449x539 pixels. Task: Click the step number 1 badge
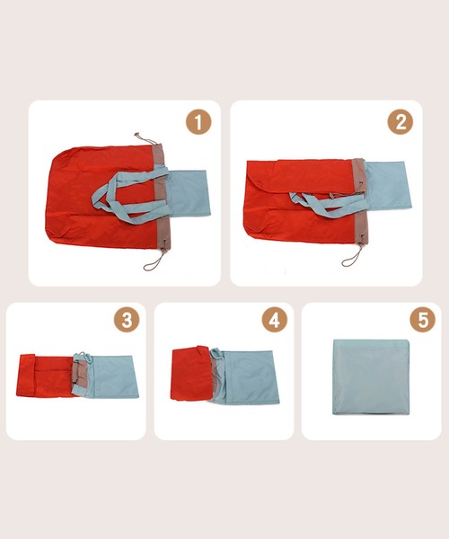(x=198, y=122)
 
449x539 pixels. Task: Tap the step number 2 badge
(x=401, y=122)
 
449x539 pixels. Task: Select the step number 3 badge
(x=127, y=320)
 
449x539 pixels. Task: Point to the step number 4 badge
(x=275, y=320)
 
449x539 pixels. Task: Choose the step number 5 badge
(x=423, y=320)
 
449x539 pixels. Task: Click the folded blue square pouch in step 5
(x=371, y=376)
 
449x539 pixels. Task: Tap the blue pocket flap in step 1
(x=189, y=192)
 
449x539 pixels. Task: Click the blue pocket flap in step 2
(x=389, y=186)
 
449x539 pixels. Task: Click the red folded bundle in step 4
(x=190, y=374)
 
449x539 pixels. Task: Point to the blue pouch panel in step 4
(x=248, y=376)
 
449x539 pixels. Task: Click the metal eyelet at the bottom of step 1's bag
(x=164, y=242)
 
